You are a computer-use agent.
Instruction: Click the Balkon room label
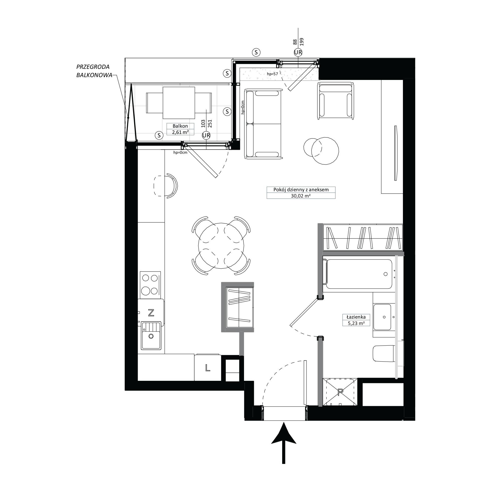(x=180, y=126)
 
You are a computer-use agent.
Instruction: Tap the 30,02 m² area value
(x=301, y=196)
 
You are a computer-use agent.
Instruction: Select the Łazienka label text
(x=356, y=317)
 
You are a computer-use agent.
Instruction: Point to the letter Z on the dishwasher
(x=151, y=312)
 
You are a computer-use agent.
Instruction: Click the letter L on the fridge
(x=208, y=368)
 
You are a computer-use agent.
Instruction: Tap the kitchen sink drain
(x=151, y=336)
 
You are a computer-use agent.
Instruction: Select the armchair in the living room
(x=335, y=101)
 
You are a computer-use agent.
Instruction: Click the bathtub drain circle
(x=385, y=274)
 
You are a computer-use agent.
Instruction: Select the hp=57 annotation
(x=272, y=74)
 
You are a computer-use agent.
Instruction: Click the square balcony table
(x=179, y=103)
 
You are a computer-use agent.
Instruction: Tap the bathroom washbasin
(x=382, y=317)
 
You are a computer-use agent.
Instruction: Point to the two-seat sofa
(x=263, y=124)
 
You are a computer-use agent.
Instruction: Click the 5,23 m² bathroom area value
(x=356, y=323)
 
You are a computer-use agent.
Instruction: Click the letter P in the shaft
(x=340, y=392)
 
